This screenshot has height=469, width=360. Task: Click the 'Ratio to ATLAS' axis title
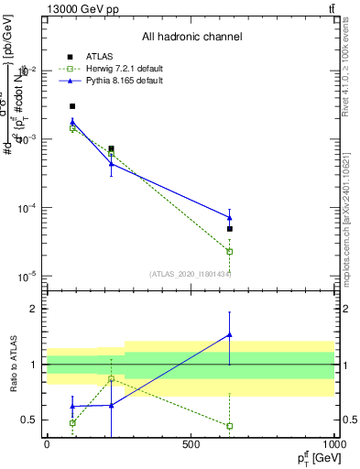(x=16, y=364)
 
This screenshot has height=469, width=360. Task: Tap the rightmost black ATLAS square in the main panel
(x=230, y=229)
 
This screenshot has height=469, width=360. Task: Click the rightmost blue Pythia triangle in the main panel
(x=230, y=217)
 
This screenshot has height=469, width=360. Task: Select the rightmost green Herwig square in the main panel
(x=230, y=251)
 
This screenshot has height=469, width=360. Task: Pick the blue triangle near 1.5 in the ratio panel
(x=230, y=335)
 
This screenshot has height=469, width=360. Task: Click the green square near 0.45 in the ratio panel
(x=230, y=426)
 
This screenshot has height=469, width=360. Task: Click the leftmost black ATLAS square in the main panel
(x=72, y=106)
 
